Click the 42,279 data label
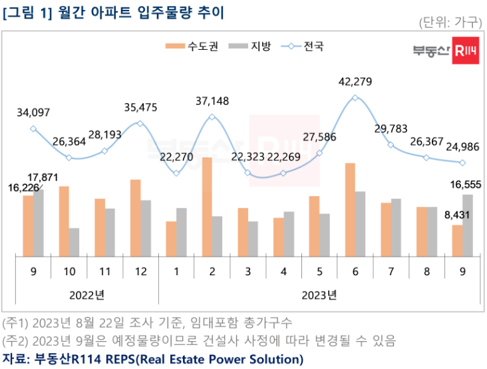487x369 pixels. [x=355, y=82]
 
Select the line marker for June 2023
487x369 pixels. [x=355, y=98]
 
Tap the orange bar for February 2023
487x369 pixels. [x=207, y=207]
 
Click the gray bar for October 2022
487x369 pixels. [x=73, y=242]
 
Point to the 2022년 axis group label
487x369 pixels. [x=86, y=294]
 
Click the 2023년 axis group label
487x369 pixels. [x=319, y=294]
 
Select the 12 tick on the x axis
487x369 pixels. [x=140, y=271]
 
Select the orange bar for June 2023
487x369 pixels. [x=349, y=209]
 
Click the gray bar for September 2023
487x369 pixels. [x=467, y=225]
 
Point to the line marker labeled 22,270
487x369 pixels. [x=176, y=173]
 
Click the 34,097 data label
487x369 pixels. [x=33, y=113]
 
